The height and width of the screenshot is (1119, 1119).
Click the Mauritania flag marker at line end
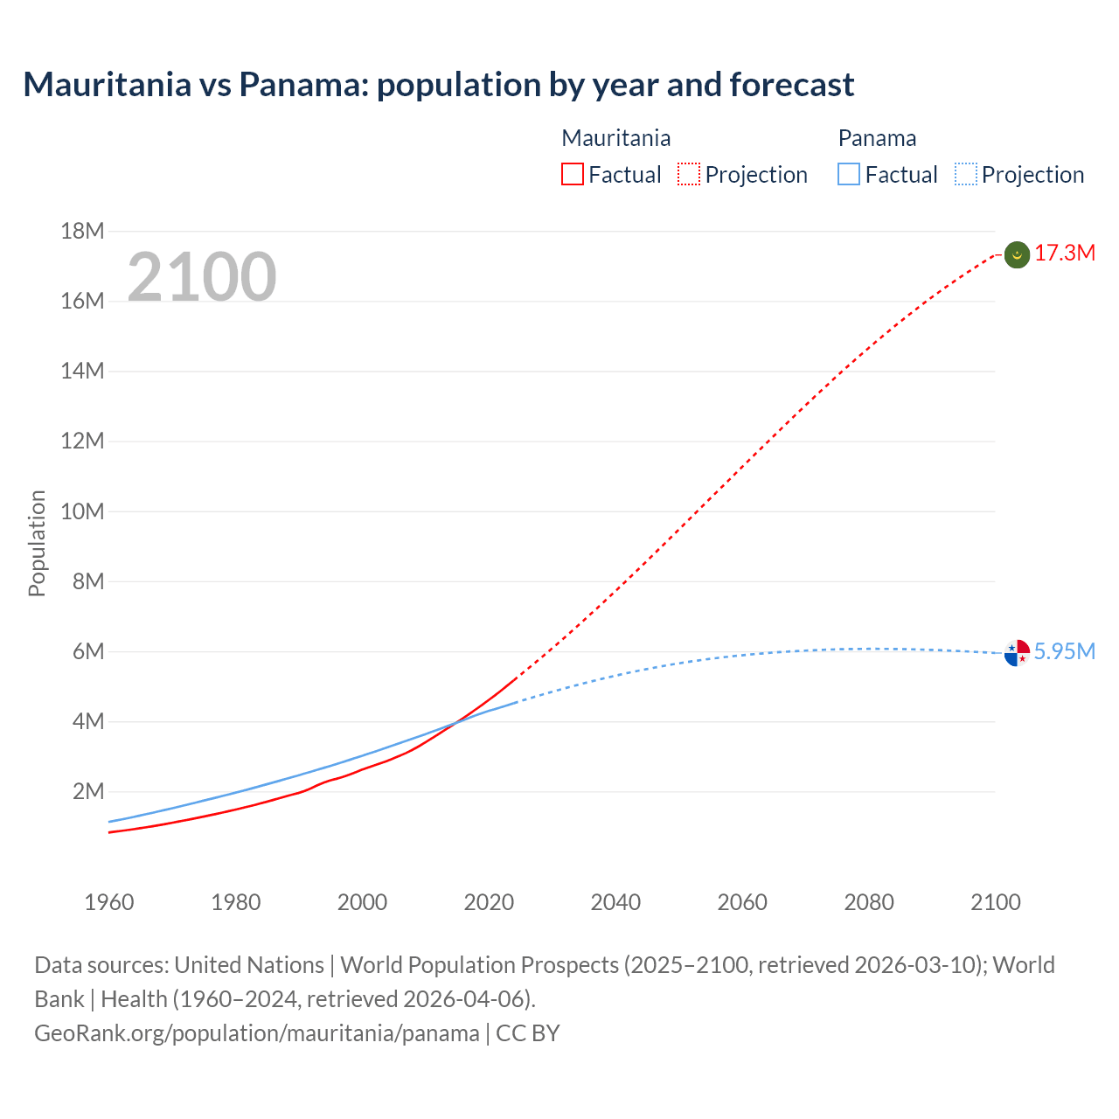click(1017, 254)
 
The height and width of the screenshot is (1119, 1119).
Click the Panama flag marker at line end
click(1017, 652)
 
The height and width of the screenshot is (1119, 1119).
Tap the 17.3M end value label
click(1065, 254)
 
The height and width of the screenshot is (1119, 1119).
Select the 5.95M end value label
click(1065, 652)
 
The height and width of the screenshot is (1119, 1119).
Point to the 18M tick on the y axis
click(82, 232)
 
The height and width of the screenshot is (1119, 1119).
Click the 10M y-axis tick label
click(82, 511)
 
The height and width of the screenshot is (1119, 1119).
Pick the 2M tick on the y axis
click(87, 792)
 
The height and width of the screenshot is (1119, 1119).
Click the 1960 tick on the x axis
click(109, 902)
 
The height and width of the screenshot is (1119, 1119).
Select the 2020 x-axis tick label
click(489, 902)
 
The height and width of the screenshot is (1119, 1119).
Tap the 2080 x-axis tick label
click(869, 902)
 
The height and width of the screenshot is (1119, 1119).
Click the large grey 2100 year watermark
click(202, 277)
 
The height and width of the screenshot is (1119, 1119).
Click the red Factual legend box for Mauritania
click(572, 175)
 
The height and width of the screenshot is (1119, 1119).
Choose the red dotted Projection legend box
click(689, 175)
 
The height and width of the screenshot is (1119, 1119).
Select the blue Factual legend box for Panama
click(849, 175)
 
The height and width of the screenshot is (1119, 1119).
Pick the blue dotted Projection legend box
click(966, 175)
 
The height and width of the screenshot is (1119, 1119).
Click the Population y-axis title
click(37, 543)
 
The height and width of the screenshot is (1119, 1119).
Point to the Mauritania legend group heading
click(615, 138)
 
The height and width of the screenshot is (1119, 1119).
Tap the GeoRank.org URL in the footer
click(256, 1033)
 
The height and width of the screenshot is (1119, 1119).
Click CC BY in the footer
click(528, 1033)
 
